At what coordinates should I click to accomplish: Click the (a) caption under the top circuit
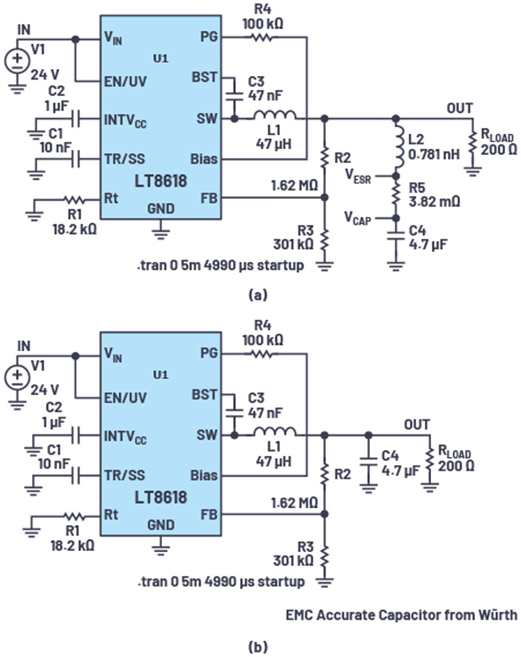[257, 295]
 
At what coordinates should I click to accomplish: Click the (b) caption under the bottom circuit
[257, 644]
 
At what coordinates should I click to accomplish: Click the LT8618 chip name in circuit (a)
[161, 181]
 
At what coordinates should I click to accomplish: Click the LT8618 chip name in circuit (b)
[161, 497]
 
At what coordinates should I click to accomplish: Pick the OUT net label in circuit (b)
[417, 424]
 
